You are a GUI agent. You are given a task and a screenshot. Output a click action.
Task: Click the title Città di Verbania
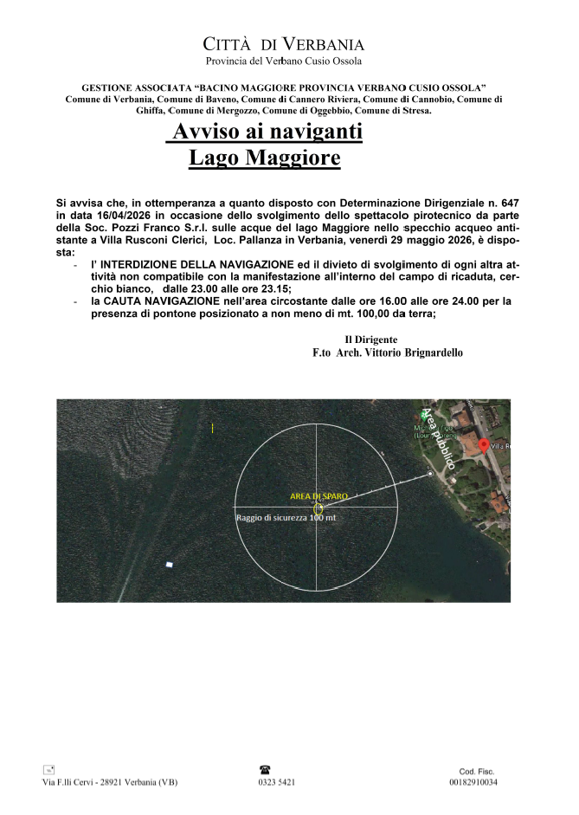(x=283, y=44)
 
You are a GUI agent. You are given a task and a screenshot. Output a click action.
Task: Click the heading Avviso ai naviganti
(x=266, y=133)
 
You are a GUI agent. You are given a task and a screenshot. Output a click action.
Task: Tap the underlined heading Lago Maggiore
(x=265, y=158)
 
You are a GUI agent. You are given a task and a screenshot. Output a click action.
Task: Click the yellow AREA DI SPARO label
(x=318, y=496)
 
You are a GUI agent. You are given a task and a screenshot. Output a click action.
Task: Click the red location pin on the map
(x=483, y=444)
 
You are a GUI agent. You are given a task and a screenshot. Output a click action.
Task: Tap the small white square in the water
(x=169, y=565)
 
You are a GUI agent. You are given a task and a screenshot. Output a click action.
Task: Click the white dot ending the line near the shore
(x=430, y=474)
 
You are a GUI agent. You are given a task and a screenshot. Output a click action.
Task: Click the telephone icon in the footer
(x=265, y=769)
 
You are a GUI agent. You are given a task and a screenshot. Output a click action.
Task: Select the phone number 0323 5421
(x=276, y=782)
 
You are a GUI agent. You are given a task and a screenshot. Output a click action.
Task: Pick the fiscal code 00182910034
(x=473, y=782)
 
